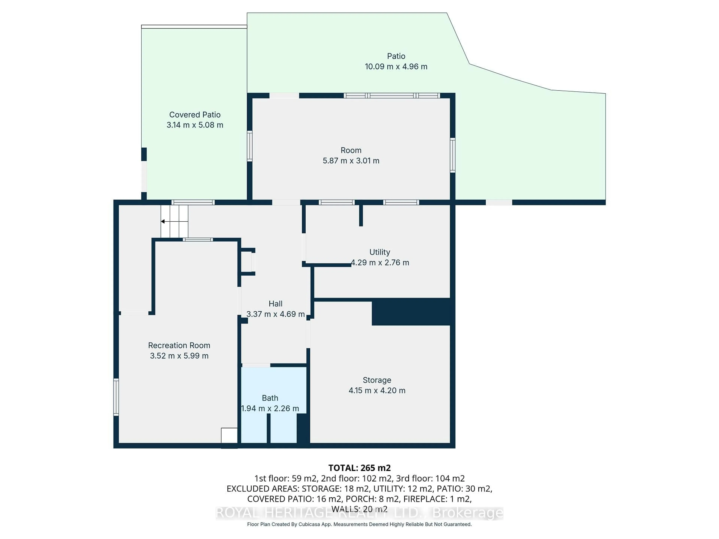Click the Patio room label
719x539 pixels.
[x=396, y=56]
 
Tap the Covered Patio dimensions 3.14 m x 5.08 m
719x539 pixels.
[x=195, y=125]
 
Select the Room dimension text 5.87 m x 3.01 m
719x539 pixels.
[x=351, y=161]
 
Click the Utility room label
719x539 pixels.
[x=379, y=252]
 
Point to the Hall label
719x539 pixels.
[x=275, y=304]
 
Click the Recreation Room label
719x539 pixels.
[x=179, y=345]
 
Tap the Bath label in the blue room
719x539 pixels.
[x=270, y=398]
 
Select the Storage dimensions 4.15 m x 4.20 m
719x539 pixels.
[x=377, y=391]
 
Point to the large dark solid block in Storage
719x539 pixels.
[x=411, y=312]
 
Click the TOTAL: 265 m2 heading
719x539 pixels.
[x=359, y=468]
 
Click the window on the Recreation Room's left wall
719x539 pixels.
[x=116, y=397]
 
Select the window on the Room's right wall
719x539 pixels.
[x=452, y=155]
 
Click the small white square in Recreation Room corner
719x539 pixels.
[x=229, y=436]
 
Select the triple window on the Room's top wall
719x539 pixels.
[x=392, y=95]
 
